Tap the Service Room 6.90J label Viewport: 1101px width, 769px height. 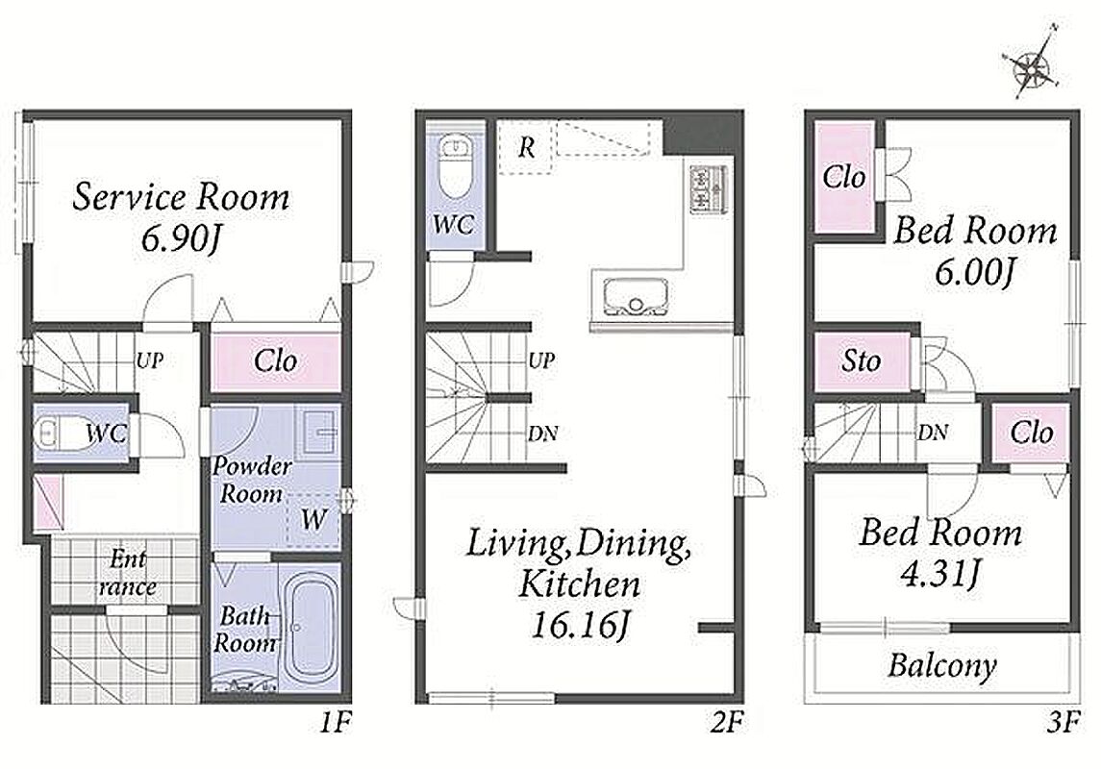click(x=181, y=217)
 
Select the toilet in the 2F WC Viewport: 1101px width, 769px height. click(x=456, y=170)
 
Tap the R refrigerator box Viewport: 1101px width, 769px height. click(x=525, y=147)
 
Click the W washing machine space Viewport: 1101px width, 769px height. click(x=313, y=519)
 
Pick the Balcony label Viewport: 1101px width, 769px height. click(x=942, y=665)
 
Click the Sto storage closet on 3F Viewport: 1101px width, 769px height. click(x=862, y=361)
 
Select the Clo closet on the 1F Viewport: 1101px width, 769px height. click(x=275, y=362)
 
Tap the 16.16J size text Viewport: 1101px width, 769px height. click(x=580, y=625)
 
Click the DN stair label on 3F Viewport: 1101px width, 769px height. click(x=933, y=433)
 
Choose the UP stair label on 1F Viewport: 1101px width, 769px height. click(x=150, y=360)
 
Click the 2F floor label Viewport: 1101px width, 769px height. click(x=726, y=722)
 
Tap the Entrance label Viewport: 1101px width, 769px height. click(x=127, y=573)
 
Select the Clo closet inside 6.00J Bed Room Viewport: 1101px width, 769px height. click(x=844, y=177)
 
